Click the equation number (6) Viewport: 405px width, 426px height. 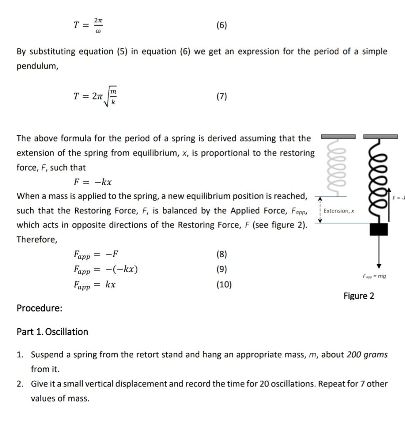pyautogui.click(x=222, y=25)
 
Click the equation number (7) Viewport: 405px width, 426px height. pyautogui.click(x=222, y=97)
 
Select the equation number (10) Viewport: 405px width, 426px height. pyautogui.click(x=224, y=285)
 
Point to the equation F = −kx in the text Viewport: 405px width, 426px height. pyautogui.click(x=92, y=182)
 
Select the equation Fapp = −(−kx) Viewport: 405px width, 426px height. pyautogui.click(x=105, y=269)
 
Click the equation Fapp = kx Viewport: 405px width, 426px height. pyautogui.click(x=94, y=285)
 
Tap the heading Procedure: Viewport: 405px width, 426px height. pyautogui.click(x=40, y=308)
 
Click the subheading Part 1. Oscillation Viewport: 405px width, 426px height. pyautogui.click(x=52, y=332)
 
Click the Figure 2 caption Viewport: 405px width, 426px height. pyautogui.click(x=358, y=296)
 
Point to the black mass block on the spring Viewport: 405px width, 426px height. pyautogui.click(x=378, y=229)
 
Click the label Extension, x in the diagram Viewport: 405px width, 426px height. pyautogui.click(x=339, y=211)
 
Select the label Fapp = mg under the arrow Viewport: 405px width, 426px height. pyautogui.click(x=374, y=276)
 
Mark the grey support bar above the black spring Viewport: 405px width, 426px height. pyautogui.click(x=380, y=136)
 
